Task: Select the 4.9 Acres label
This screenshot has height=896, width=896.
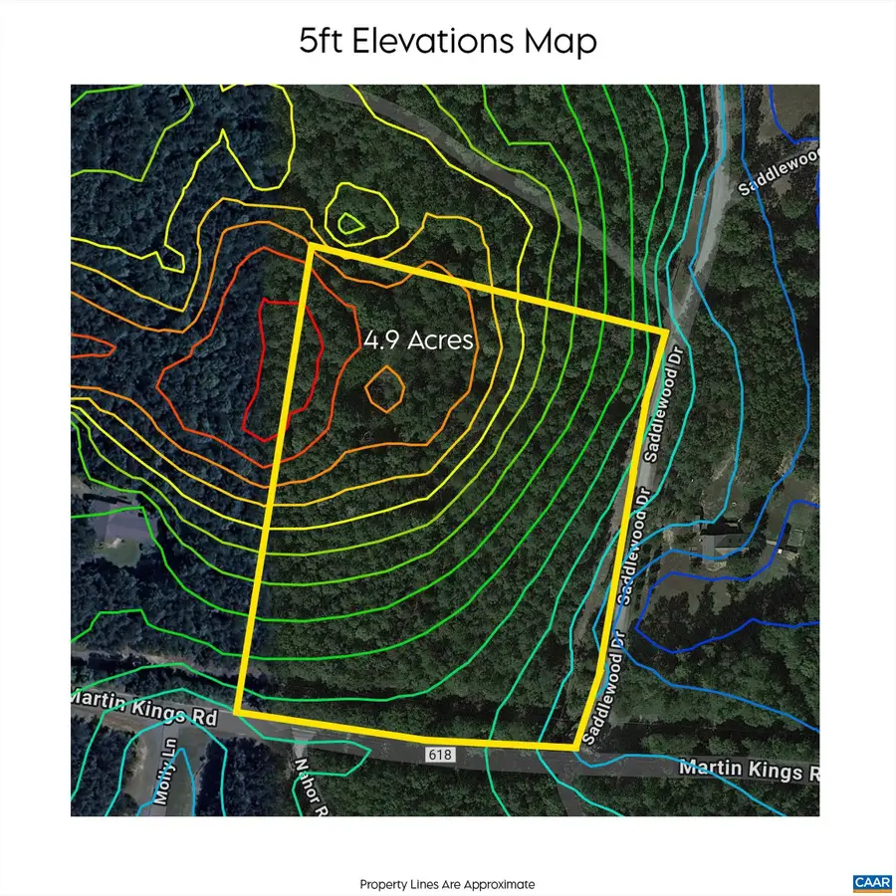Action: (418, 339)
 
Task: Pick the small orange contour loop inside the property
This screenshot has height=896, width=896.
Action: (383, 388)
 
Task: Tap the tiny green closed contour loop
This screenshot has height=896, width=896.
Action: (349, 223)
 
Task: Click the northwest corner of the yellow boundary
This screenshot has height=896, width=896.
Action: (313, 246)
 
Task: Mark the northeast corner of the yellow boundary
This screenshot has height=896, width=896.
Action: (666, 332)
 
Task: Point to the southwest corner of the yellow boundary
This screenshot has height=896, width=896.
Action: (237, 711)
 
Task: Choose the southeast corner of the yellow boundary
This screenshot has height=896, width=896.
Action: (575, 746)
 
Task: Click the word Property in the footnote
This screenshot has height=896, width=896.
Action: (380, 884)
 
